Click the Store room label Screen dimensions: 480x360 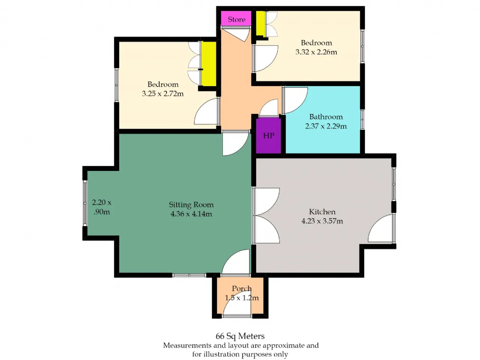(x=236, y=19)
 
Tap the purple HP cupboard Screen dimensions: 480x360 (x=268, y=136)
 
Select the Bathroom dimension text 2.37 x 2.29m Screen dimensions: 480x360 (x=326, y=126)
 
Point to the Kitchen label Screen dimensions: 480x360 (x=322, y=211)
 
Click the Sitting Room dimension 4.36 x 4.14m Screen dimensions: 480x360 (x=191, y=213)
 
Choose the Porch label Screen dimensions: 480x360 (x=241, y=288)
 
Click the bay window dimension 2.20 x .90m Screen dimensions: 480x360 (x=102, y=207)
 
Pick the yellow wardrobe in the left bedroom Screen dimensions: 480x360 (x=208, y=64)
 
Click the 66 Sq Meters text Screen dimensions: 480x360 (x=240, y=336)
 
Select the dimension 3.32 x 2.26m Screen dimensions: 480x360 (x=316, y=52)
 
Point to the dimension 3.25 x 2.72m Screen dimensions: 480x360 (x=163, y=93)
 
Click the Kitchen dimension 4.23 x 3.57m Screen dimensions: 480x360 (x=322, y=221)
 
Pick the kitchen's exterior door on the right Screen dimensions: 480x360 (x=381, y=228)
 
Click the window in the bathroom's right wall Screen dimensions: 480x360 (x=362, y=120)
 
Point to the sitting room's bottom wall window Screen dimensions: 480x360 (x=189, y=275)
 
